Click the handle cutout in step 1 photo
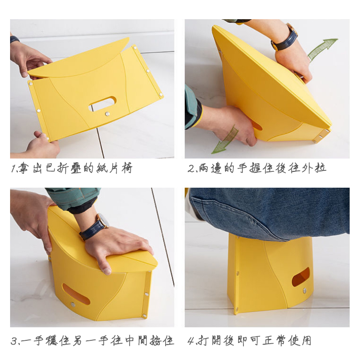[103, 104]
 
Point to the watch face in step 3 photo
[103, 220]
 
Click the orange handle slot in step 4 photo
[300, 277]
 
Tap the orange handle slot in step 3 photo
[76, 294]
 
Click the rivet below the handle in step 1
[107, 114]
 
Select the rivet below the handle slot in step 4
[305, 290]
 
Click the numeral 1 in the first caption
[13, 169]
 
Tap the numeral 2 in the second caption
[191, 169]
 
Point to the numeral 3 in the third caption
[14, 341]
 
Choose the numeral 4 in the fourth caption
[191, 341]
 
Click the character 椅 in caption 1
[127, 168]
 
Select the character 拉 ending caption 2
[321, 168]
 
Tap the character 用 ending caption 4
[306, 340]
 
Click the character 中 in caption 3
[131, 341]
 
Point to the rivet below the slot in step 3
[73, 305]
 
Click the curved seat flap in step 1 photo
[79, 60]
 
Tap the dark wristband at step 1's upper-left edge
[14, 39]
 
